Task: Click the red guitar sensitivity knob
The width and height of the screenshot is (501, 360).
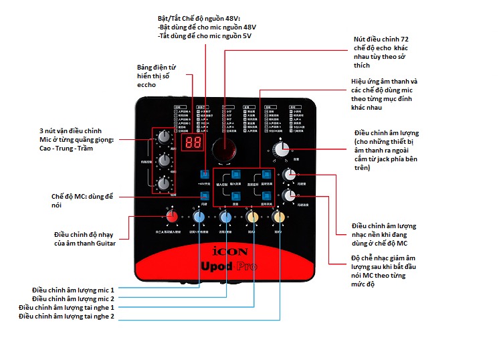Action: (x=172, y=216)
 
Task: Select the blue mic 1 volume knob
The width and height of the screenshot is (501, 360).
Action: (x=199, y=216)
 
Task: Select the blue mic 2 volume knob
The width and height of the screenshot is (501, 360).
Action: (x=226, y=216)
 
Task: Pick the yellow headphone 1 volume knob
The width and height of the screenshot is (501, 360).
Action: (x=253, y=216)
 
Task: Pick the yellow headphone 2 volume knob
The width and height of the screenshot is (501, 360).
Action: (x=279, y=216)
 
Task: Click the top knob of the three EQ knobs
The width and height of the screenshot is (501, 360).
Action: (x=163, y=137)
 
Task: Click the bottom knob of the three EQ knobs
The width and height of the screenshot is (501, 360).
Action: (x=163, y=184)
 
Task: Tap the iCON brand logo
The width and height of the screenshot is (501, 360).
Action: (x=229, y=252)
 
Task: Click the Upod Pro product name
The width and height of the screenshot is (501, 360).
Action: (x=229, y=266)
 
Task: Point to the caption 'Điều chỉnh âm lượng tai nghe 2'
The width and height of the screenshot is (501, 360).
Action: (x=67, y=316)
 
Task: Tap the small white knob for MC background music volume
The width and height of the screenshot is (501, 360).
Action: (x=288, y=175)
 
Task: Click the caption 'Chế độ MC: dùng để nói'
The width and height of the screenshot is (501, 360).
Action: (x=82, y=200)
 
